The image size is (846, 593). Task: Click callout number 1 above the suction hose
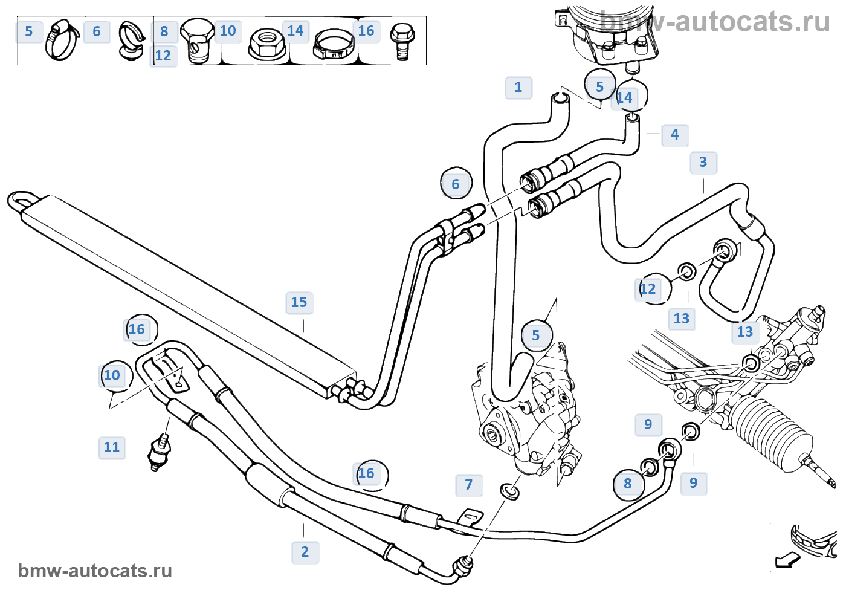click(x=518, y=87)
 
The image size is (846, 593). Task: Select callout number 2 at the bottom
click(x=305, y=551)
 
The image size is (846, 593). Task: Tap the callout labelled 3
click(x=703, y=162)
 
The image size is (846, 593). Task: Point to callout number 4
click(x=674, y=135)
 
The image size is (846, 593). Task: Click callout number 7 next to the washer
click(x=468, y=485)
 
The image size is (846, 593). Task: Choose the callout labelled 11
click(x=112, y=447)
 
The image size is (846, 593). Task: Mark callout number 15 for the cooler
click(x=299, y=302)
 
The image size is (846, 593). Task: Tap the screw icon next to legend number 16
click(x=402, y=41)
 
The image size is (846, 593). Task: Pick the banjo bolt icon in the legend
click(x=197, y=41)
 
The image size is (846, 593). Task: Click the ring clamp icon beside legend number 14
click(x=332, y=45)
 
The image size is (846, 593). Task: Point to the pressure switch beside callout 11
click(x=161, y=450)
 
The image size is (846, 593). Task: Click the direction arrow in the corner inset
click(x=785, y=561)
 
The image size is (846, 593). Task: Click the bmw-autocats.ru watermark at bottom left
click(x=95, y=571)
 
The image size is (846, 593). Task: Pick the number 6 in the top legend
click(x=97, y=31)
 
